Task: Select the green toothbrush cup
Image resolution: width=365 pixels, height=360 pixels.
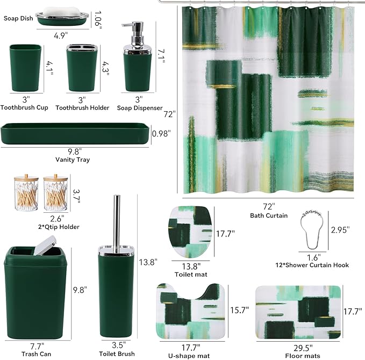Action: tap(25, 68)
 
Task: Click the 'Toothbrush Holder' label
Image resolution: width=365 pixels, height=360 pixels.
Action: tap(82, 108)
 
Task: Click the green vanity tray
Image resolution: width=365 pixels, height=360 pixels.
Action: tap(75, 134)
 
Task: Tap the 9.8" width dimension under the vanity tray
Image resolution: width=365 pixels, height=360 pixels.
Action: tap(75, 152)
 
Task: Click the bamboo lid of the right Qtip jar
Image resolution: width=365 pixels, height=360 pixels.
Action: tap(55, 178)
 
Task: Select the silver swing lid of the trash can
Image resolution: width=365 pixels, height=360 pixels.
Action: tap(45, 245)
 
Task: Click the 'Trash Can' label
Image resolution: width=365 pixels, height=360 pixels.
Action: tap(37, 354)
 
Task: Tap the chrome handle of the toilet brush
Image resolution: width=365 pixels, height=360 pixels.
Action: tap(117, 220)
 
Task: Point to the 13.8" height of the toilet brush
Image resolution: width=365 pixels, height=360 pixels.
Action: tap(148, 262)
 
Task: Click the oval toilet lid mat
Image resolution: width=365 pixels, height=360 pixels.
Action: tap(190, 233)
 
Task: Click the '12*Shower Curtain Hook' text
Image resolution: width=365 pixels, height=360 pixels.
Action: tap(312, 265)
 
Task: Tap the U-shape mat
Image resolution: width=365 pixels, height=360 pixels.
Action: tap(191, 312)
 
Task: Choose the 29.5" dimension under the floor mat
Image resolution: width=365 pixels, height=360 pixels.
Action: tap(303, 348)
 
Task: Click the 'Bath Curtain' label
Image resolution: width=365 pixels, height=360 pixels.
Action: tap(269, 215)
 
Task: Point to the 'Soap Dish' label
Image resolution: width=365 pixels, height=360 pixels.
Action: tap(18, 18)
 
